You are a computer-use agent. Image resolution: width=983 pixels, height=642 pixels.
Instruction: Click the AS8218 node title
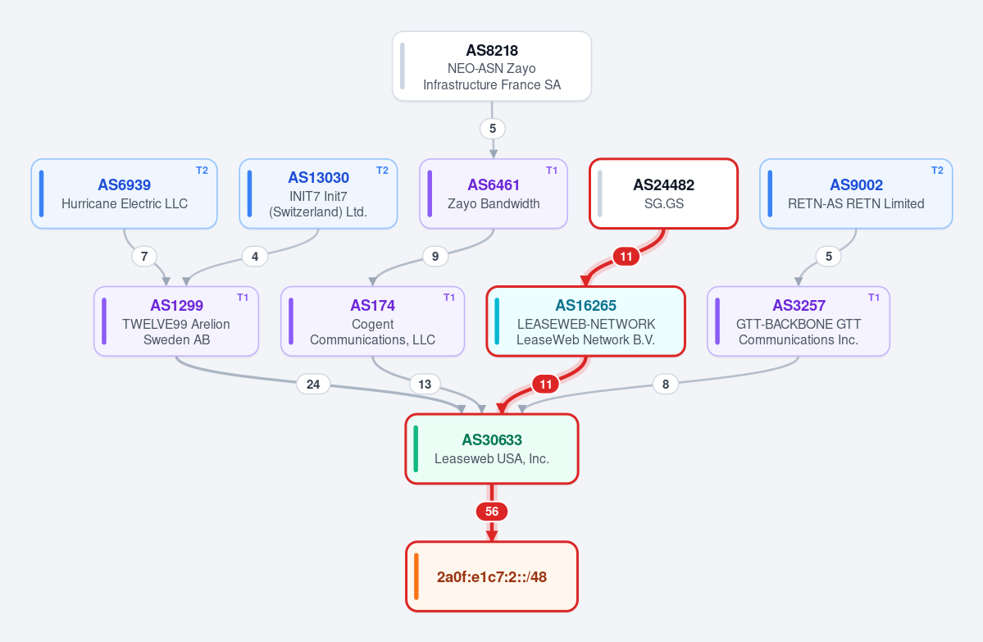(x=492, y=51)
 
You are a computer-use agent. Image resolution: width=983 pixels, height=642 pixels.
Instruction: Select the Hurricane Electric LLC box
(x=124, y=194)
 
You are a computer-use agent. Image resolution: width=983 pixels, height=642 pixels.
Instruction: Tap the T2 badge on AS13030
(x=382, y=171)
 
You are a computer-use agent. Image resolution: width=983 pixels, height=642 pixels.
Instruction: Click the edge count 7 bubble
(x=144, y=257)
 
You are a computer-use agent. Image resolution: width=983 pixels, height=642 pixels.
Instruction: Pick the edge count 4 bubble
(x=254, y=257)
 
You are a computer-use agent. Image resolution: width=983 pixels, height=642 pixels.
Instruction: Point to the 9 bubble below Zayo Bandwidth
(x=435, y=257)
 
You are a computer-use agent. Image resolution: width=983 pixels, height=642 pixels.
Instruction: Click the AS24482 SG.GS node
(x=663, y=194)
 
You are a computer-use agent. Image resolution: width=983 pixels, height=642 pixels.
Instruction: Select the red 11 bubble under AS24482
(x=626, y=257)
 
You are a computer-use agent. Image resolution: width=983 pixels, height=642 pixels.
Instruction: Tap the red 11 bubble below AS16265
(x=546, y=385)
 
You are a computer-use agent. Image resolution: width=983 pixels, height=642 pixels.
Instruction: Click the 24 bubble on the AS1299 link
(x=313, y=385)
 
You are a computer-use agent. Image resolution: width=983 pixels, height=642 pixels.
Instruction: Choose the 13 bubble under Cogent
(x=425, y=385)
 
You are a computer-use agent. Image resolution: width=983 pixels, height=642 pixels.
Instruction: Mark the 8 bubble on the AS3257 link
(x=665, y=385)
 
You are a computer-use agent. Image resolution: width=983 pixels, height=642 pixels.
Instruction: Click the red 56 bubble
(x=492, y=512)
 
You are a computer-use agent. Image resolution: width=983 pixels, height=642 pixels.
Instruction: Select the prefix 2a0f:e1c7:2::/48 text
(x=492, y=576)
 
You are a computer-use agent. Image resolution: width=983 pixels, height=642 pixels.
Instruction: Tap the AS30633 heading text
(x=492, y=440)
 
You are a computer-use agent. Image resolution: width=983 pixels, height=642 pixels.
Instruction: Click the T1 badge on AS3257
(x=874, y=298)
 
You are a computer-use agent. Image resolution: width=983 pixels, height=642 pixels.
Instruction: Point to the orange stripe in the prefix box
(x=416, y=576)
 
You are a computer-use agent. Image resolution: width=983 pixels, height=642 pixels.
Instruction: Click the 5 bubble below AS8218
(x=493, y=129)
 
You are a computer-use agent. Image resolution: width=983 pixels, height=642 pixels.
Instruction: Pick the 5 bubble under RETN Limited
(x=829, y=257)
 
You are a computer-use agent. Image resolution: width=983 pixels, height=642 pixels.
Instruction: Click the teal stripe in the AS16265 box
(x=497, y=321)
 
